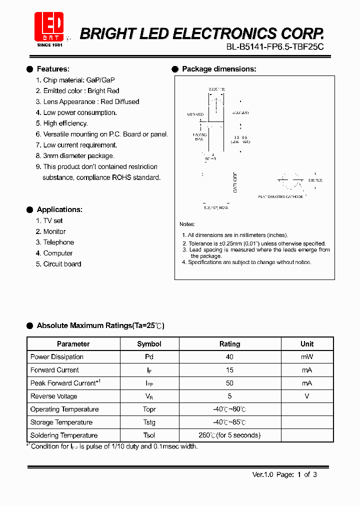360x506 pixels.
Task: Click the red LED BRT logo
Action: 48,26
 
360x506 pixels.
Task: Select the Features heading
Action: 53,69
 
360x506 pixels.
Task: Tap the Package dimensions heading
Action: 219,69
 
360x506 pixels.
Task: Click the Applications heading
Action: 59,209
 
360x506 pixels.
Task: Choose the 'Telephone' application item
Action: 58,242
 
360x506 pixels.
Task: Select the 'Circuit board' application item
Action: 61,264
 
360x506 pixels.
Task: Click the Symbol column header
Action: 149,344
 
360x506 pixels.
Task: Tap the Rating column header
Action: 230,344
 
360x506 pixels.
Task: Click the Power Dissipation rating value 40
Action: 230,357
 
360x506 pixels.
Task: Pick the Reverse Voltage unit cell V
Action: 307,396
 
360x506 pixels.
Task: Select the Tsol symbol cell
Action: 149,435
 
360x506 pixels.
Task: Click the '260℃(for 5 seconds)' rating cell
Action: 230,435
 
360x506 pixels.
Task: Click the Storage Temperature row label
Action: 61,422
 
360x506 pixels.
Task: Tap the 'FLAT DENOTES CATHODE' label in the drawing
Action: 280,197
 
